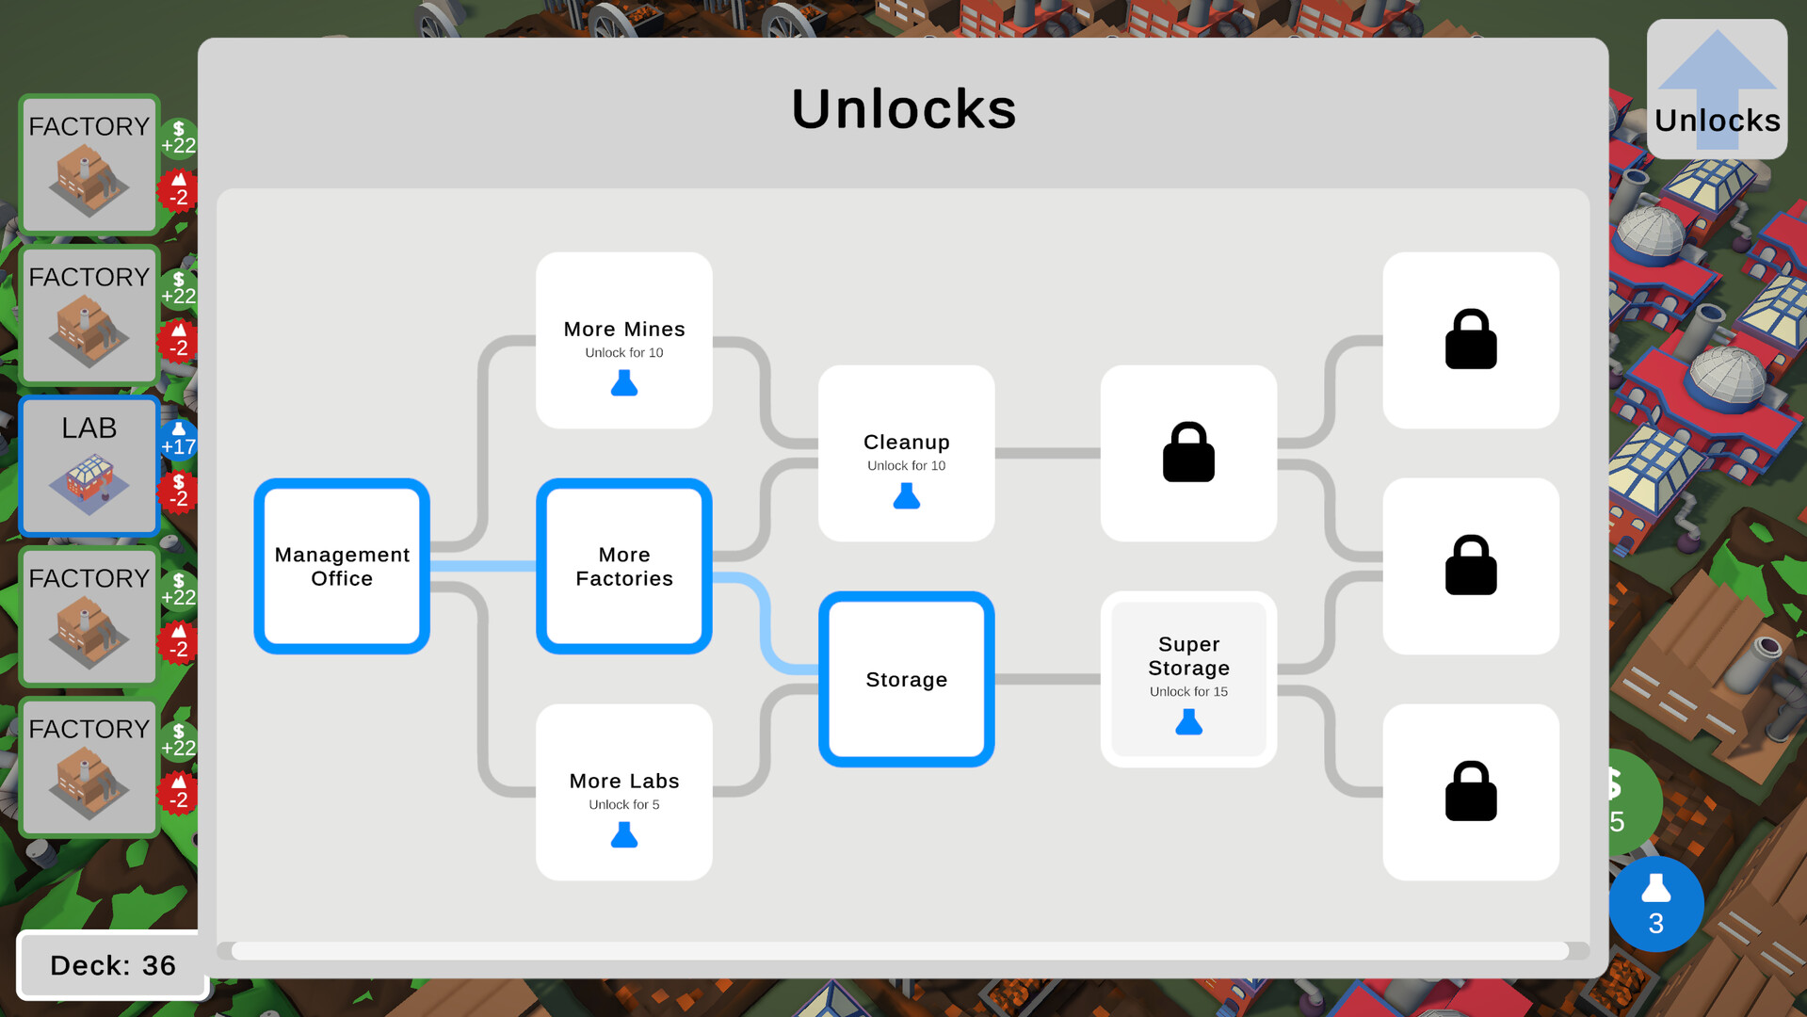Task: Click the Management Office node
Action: [x=342, y=566]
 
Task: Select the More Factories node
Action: [x=624, y=566]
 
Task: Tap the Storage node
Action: [x=907, y=679]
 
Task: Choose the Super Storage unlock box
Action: [x=1188, y=679]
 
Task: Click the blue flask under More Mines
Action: [x=624, y=383]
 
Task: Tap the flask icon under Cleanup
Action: [x=907, y=496]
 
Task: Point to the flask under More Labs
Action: [x=624, y=835]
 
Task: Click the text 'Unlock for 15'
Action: [x=1188, y=691]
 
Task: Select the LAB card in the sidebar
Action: [x=89, y=466]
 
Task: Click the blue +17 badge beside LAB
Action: [x=178, y=440]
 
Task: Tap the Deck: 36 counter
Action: [x=113, y=965]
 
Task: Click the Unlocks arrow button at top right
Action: [x=1717, y=89]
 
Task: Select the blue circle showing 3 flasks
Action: [x=1655, y=904]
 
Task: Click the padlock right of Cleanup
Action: [x=1188, y=452]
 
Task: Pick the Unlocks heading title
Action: [x=904, y=108]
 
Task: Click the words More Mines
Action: [x=624, y=329]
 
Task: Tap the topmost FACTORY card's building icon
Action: [x=89, y=178]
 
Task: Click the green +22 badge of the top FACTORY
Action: [x=178, y=138]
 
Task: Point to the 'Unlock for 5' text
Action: [x=624, y=804]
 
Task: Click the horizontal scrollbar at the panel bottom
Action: [x=900, y=951]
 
